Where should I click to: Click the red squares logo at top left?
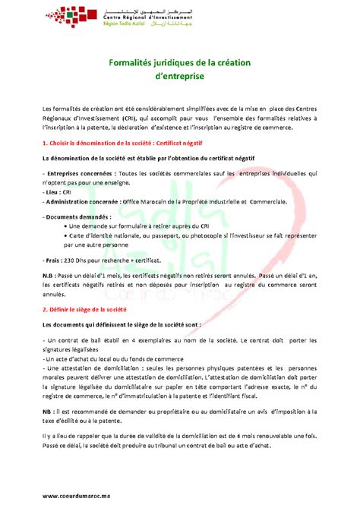tap(63, 15)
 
